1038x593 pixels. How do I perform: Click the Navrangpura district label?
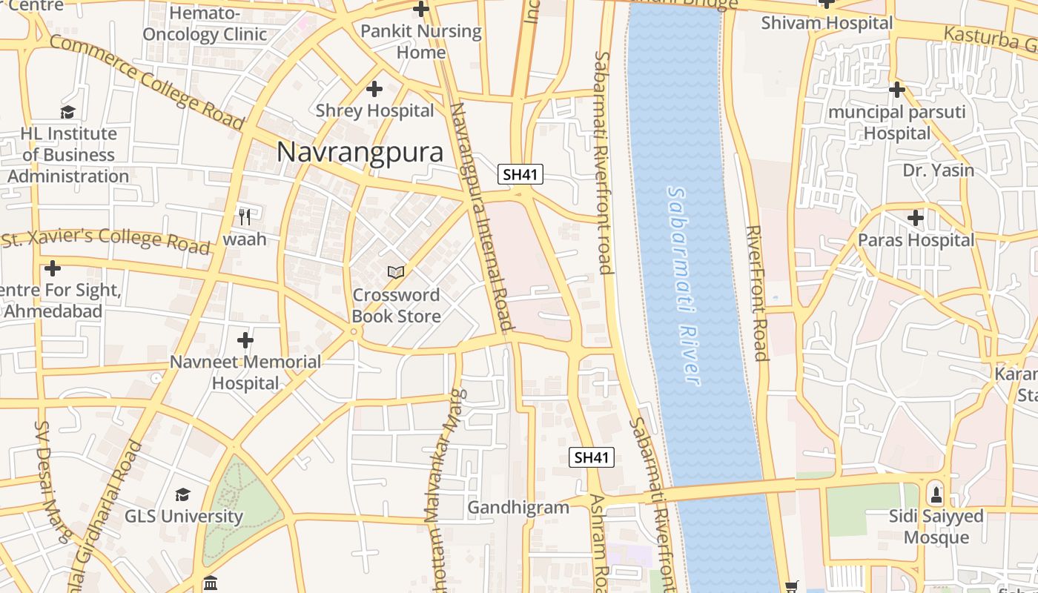(360, 153)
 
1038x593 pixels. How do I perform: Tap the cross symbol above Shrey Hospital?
(374, 89)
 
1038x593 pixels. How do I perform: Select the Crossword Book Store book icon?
(396, 273)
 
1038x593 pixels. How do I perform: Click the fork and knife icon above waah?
(245, 216)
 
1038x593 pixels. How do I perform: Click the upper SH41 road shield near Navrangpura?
(520, 175)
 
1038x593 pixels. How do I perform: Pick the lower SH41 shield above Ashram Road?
(592, 457)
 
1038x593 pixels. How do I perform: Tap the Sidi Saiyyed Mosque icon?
(936, 493)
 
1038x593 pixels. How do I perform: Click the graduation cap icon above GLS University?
(182, 494)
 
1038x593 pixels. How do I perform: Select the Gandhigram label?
(518, 508)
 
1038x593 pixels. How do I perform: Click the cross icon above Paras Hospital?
(916, 218)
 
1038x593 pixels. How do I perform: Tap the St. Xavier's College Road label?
(105, 241)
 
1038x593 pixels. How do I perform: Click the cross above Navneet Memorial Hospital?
(245, 341)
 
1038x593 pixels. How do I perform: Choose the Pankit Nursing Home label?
(421, 42)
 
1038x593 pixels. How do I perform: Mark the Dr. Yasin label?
(938, 170)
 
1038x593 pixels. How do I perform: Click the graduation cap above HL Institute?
(68, 112)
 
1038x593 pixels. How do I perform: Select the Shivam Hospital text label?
(827, 23)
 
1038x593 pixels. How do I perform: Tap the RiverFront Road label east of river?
(756, 293)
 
